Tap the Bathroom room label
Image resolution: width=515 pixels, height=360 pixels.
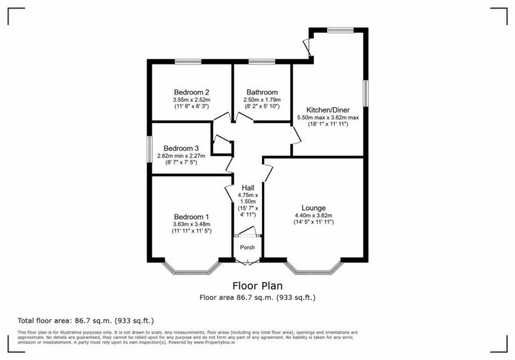tap(262, 93)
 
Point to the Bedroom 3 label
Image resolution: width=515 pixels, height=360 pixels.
tap(181, 148)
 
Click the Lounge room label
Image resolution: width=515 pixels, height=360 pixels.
tap(314, 207)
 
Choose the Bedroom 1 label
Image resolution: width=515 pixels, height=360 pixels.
tap(192, 217)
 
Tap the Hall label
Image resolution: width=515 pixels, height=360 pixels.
tap(247, 188)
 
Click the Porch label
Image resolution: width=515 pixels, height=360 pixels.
tap(247, 247)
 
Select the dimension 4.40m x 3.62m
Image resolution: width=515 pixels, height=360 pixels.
tap(314, 215)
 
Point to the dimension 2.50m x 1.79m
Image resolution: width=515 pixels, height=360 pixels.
tap(262, 101)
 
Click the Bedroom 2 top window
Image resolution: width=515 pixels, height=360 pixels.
tap(188, 62)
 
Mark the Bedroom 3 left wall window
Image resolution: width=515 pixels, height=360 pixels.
tap(150, 149)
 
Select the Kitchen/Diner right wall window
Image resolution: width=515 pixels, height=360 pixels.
tap(365, 93)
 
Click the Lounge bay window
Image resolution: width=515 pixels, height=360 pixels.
tap(314, 270)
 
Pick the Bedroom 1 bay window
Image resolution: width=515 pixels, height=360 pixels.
tap(192, 270)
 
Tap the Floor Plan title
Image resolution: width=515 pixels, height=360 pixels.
tap(257, 286)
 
